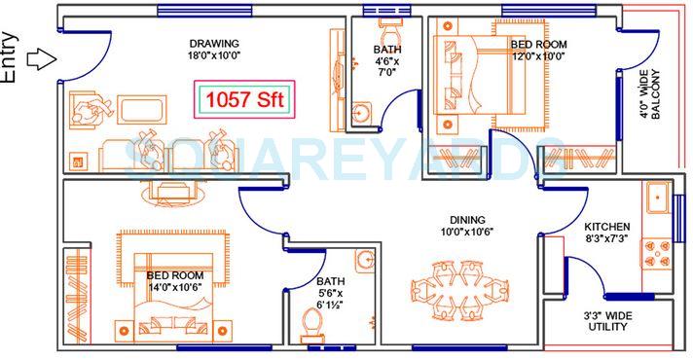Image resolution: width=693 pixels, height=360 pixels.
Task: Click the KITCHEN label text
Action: click(x=606, y=227)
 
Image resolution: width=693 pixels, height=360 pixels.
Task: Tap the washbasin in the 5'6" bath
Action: click(x=365, y=260)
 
